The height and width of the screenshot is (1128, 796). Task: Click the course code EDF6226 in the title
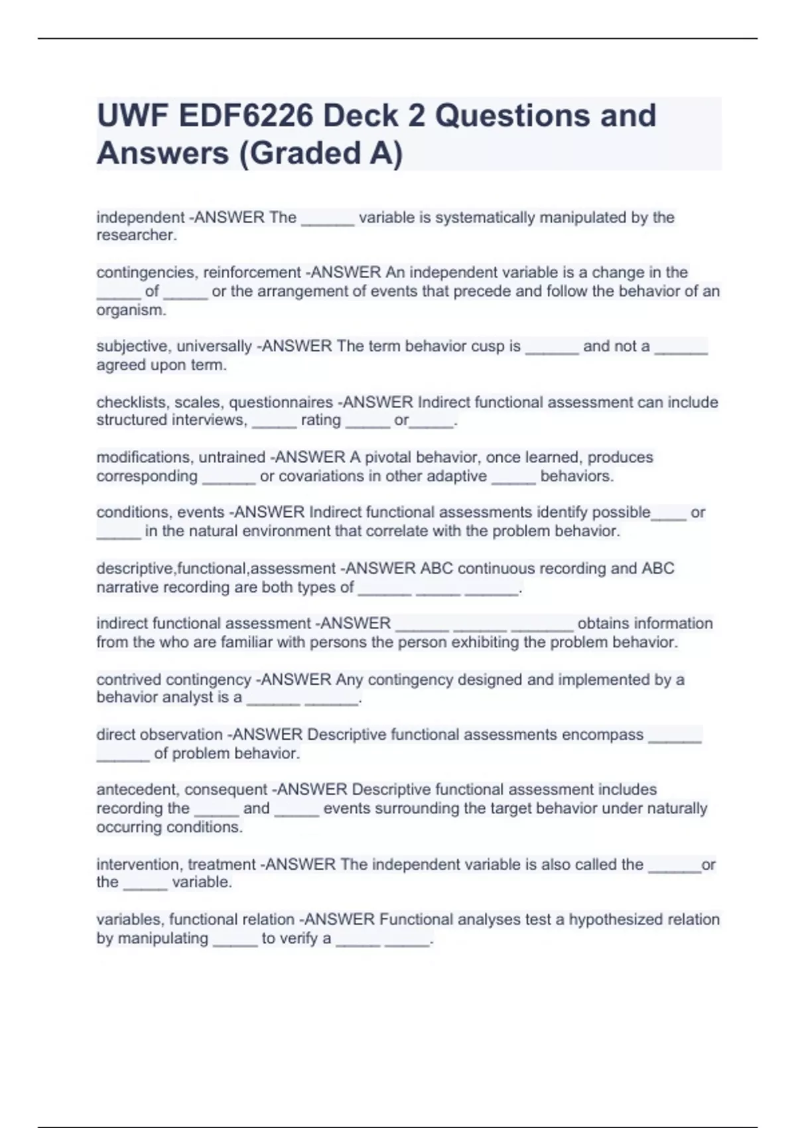click(x=245, y=116)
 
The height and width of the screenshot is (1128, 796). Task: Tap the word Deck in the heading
click(x=364, y=116)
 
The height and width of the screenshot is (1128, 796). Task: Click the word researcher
click(x=137, y=236)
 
